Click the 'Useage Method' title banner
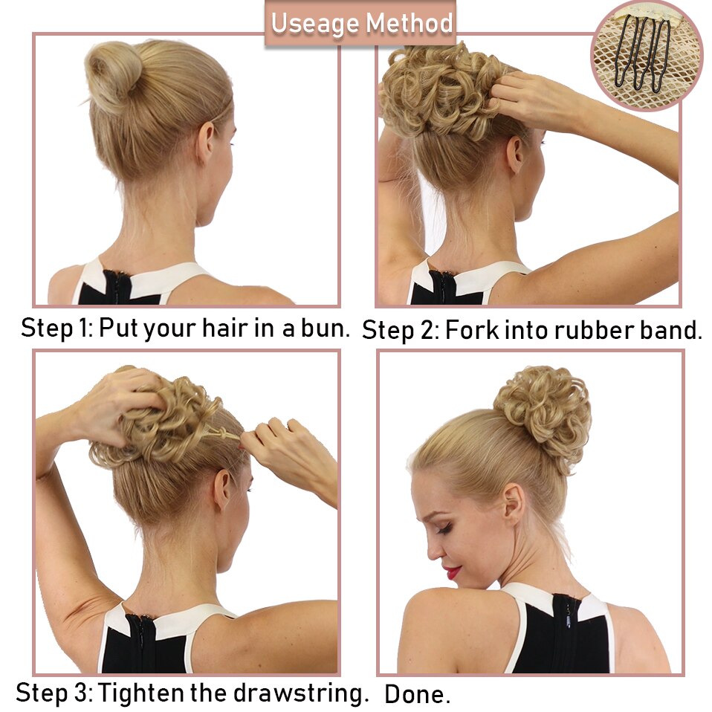coord(360,23)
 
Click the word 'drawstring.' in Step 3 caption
coord(301,693)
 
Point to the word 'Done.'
coord(417,694)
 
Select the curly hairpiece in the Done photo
coord(543,417)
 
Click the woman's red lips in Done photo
coord(453,572)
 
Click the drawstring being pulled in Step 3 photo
coord(224,433)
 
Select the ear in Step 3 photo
coord(222,491)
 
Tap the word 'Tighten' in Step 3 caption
coord(142,693)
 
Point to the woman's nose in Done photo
coord(433,550)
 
